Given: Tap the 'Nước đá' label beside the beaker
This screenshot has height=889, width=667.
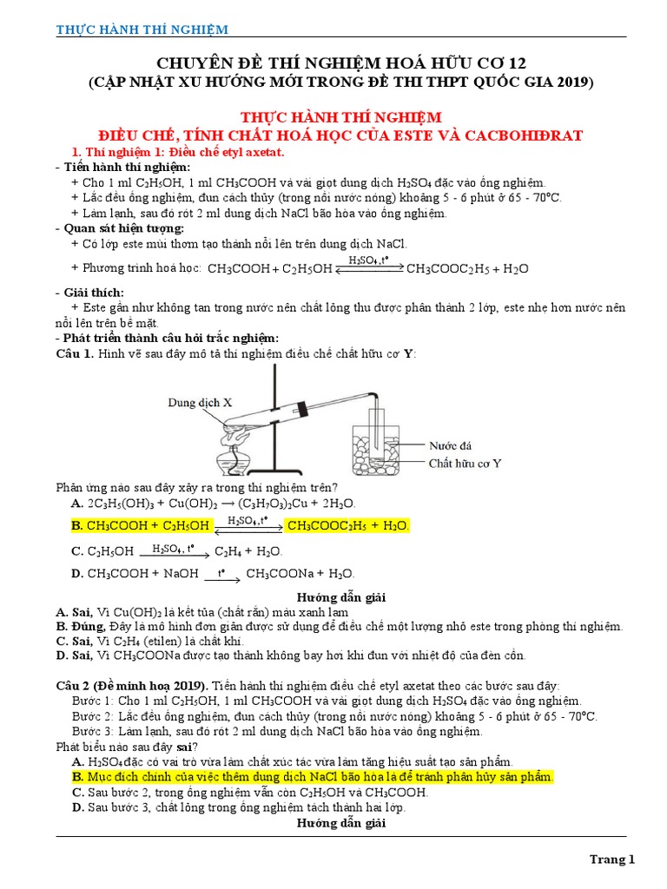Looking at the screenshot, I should [450, 445].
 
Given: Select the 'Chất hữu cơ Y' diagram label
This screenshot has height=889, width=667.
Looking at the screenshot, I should [465, 463].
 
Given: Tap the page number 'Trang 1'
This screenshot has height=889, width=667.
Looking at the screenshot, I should [613, 859].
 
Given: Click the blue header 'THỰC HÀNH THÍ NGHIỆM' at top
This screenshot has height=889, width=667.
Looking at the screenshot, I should [142, 30].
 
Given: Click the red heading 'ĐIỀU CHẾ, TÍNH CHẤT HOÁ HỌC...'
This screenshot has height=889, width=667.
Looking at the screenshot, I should [340, 135].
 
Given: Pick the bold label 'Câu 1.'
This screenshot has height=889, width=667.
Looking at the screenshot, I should [74, 353].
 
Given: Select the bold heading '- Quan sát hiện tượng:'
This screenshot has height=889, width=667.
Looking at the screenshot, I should [119, 228].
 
